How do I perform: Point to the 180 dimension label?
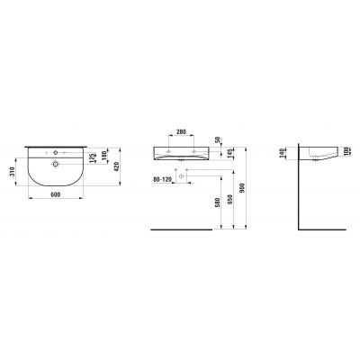point(104,158)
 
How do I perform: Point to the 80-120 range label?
point(163,177)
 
